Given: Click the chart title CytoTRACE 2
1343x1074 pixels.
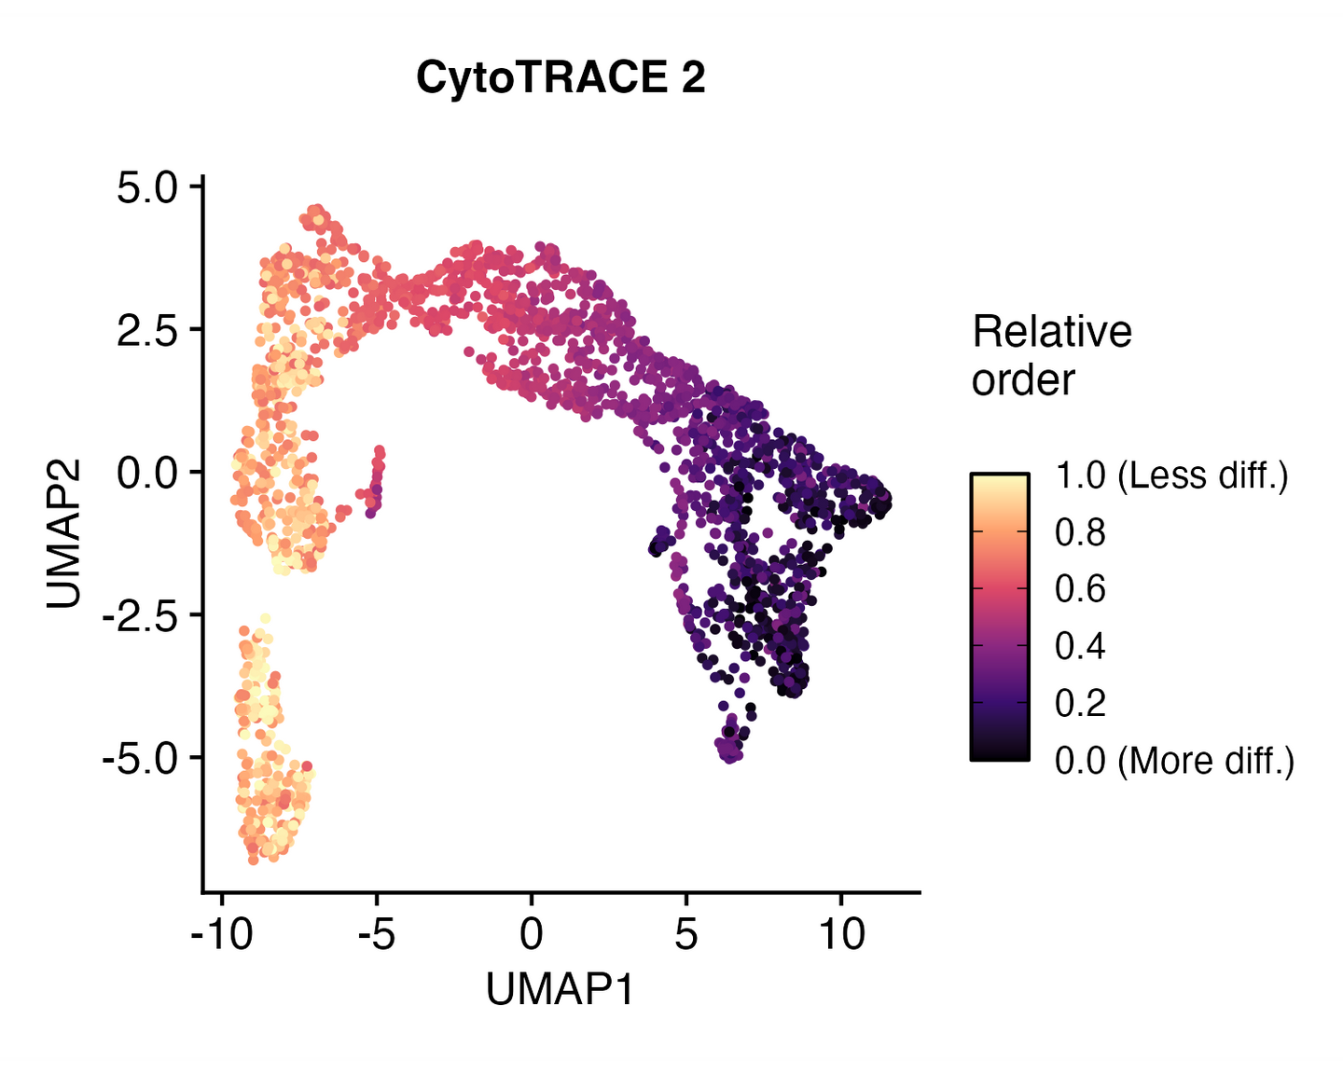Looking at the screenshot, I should pyautogui.click(x=561, y=77).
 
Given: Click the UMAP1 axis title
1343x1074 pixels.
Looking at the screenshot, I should pyautogui.click(x=560, y=989).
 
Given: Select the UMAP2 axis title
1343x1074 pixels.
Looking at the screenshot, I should pyautogui.click(x=64, y=533).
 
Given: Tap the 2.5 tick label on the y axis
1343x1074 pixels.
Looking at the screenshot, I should pyautogui.click(x=146, y=331).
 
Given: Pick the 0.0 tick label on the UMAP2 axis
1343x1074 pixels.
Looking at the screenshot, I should pyautogui.click(x=146, y=474).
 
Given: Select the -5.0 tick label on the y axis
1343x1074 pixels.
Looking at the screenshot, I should pyautogui.click(x=139, y=759).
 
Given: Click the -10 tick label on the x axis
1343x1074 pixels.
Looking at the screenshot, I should pyautogui.click(x=222, y=933).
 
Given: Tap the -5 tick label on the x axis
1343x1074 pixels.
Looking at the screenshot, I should pyautogui.click(x=377, y=933).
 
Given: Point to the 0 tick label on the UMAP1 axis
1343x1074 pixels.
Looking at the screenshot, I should pyautogui.click(x=532, y=933).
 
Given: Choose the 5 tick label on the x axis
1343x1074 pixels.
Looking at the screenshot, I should pyautogui.click(x=686, y=933).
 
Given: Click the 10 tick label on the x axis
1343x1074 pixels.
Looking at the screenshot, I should pyautogui.click(x=841, y=933).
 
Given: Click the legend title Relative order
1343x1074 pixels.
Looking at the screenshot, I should pyautogui.click(x=1051, y=355).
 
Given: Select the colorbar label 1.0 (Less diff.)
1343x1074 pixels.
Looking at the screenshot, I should pyautogui.click(x=1171, y=475).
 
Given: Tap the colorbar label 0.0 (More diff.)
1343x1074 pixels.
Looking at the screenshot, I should pyautogui.click(x=1174, y=761).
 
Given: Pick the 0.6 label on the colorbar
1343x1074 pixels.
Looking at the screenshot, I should pyautogui.click(x=1080, y=589).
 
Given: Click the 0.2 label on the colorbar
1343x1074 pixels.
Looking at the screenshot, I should pyautogui.click(x=1080, y=703).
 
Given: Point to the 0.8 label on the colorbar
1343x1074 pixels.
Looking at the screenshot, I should pyautogui.click(x=1080, y=532).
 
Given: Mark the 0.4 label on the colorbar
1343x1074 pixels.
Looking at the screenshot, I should pyautogui.click(x=1080, y=646).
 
